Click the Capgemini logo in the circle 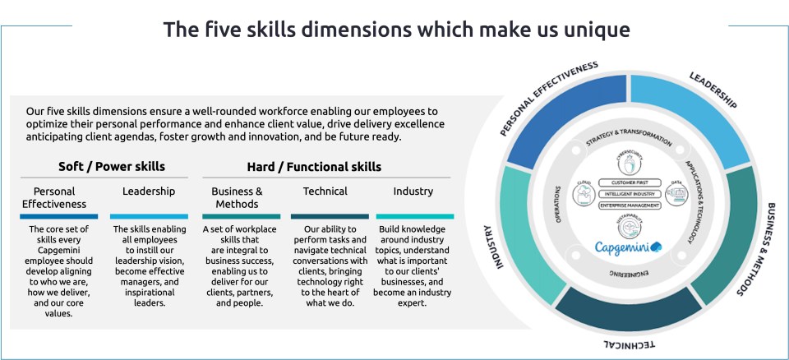point(630,246)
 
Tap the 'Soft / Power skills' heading point(112,166)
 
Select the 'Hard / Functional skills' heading point(314,166)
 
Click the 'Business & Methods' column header point(237,197)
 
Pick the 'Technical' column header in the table point(325,191)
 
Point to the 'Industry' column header point(413,191)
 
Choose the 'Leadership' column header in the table point(149,191)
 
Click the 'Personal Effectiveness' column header point(54,197)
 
